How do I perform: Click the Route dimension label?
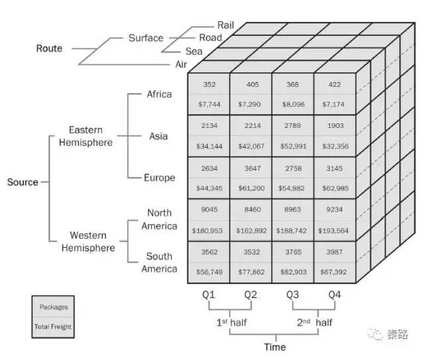coord(49,48)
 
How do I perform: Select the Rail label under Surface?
coord(226,25)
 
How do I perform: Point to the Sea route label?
coord(194,50)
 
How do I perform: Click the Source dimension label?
coord(23,182)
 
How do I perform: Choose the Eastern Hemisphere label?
coord(90,136)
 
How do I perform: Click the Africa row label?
coord(159,94)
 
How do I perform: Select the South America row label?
coord(159,263)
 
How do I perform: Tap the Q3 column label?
coord(293,294)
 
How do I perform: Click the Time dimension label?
coord(275,347)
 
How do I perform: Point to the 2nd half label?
coord(314,322)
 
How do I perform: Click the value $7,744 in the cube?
coord(209,105)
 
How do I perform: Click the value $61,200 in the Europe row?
coord(251,189)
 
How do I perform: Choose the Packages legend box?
coord(53,308)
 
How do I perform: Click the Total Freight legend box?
coord(53,326)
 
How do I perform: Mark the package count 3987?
coord(334,253)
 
